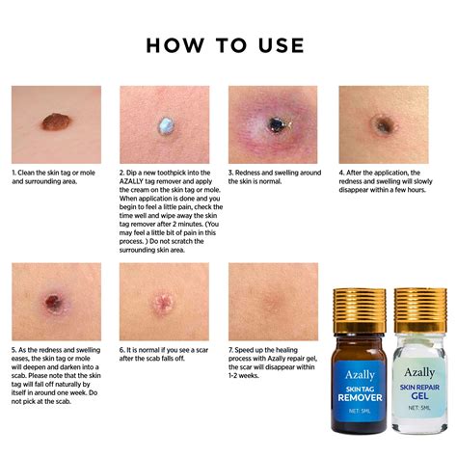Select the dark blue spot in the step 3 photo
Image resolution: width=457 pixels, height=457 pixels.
coord(276,124)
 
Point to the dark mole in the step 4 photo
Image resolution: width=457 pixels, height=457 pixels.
coord(384,125)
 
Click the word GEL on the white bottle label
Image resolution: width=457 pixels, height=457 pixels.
coord(419,396)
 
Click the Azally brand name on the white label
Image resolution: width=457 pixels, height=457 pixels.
coord(419,371)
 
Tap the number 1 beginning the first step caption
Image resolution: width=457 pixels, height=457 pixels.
coord(13,174)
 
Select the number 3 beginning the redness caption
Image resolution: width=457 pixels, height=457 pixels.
coord(230,174)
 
